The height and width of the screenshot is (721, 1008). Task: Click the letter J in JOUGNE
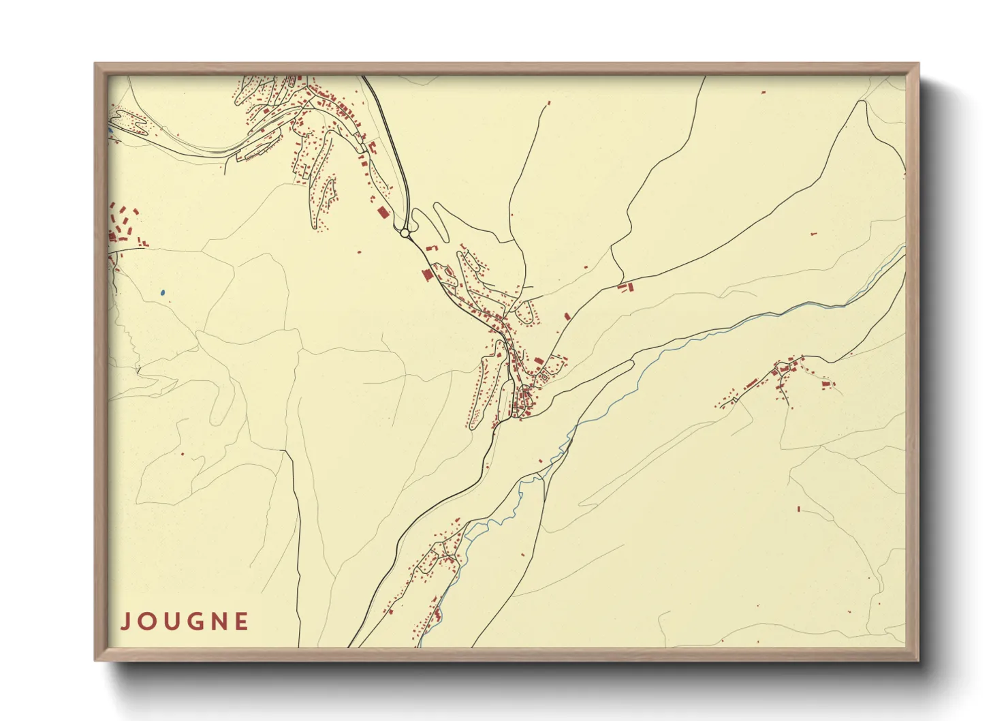coord(125,622)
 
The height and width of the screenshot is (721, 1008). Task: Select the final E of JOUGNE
coord(241,622)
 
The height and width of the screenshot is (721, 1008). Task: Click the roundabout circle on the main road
coord(405,233)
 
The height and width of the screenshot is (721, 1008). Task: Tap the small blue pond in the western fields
coord(162,293)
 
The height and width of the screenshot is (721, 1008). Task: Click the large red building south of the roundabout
coord(427,275)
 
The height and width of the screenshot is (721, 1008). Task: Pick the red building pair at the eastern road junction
coord(625,288)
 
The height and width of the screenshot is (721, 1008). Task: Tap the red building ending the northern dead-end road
coord(549,103)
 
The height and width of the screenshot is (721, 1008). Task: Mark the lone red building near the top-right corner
coord(763,91)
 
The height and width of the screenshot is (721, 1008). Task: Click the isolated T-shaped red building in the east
coord(813,234)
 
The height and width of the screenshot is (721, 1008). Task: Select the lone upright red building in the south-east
coord(799,508)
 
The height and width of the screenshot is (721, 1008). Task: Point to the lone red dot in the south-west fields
coord(182,453)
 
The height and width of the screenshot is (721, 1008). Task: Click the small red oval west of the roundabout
coord(360,252)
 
